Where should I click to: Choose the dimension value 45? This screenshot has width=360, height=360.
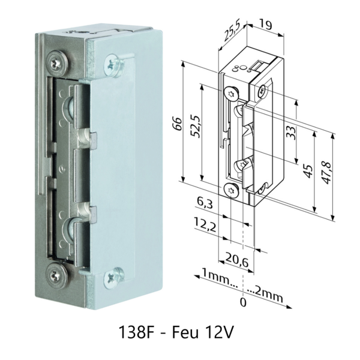(x=308, y=170)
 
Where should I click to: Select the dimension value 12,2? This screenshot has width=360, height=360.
(x=205, y=224)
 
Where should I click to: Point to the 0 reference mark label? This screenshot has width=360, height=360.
(x=243, y=302)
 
